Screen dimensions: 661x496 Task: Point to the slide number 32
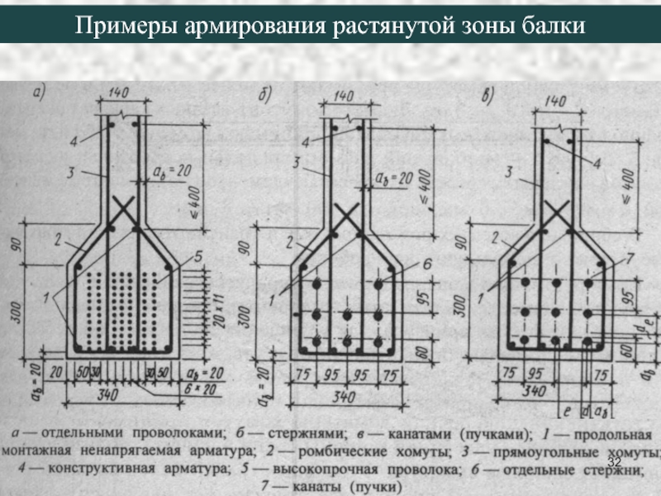tap(614, 460)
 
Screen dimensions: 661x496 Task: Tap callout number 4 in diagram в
tap(597, 164)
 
